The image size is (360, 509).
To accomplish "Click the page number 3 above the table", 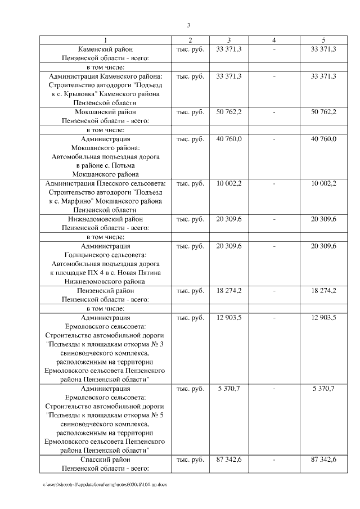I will tap(188, 25).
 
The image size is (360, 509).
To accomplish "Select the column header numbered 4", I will tap(273, 40).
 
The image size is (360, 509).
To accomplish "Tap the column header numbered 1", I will tap(105, 40).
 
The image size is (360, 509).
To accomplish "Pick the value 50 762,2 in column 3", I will tap(229, 111).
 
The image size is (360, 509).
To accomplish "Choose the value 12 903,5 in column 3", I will tap(229, 318).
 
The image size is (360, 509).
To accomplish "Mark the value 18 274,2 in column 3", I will tap(229, 291).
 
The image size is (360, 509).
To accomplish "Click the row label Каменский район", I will tap(105, 49).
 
